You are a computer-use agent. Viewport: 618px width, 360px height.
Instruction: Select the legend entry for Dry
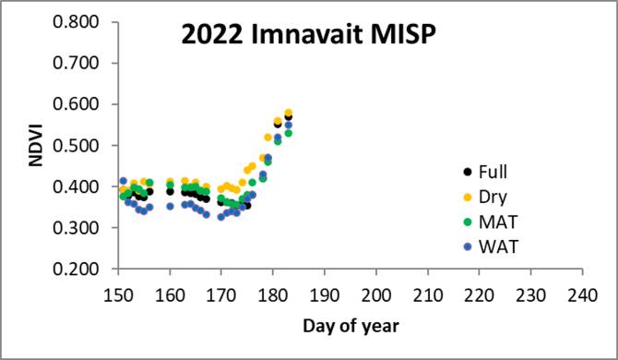tap(486, 196)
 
